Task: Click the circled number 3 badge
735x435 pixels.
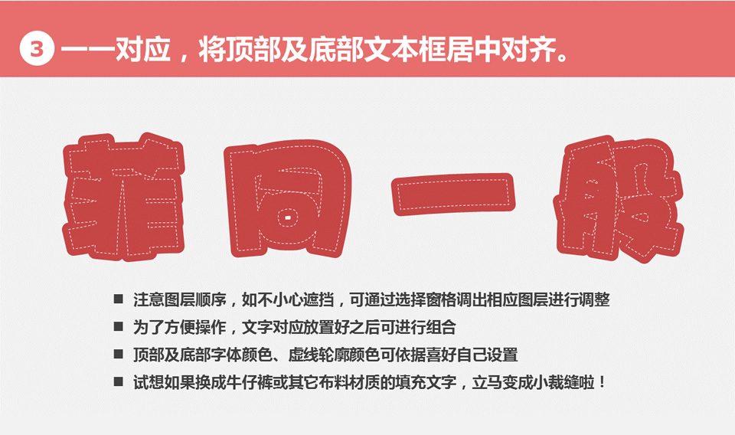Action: coord(37,48)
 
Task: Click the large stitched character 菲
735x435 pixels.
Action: coord(124,197)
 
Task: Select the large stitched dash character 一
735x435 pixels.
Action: coord(453,194)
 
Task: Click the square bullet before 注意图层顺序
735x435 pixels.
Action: coord(118,299)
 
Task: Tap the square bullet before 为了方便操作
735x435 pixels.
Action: coord(118,326)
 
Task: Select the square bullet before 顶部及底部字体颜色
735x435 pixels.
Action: coord(118,354)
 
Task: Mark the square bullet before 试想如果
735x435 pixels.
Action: coord(118,381)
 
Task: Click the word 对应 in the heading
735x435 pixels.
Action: coord(143,49)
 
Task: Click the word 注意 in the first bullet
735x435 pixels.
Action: coord(149,299)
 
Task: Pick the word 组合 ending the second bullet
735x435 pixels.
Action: coord(441,327)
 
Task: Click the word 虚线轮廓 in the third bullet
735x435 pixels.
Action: coord(318,355)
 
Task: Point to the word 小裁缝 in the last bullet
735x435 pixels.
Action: coord(556,382)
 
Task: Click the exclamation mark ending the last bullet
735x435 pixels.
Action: coord(602,382)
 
